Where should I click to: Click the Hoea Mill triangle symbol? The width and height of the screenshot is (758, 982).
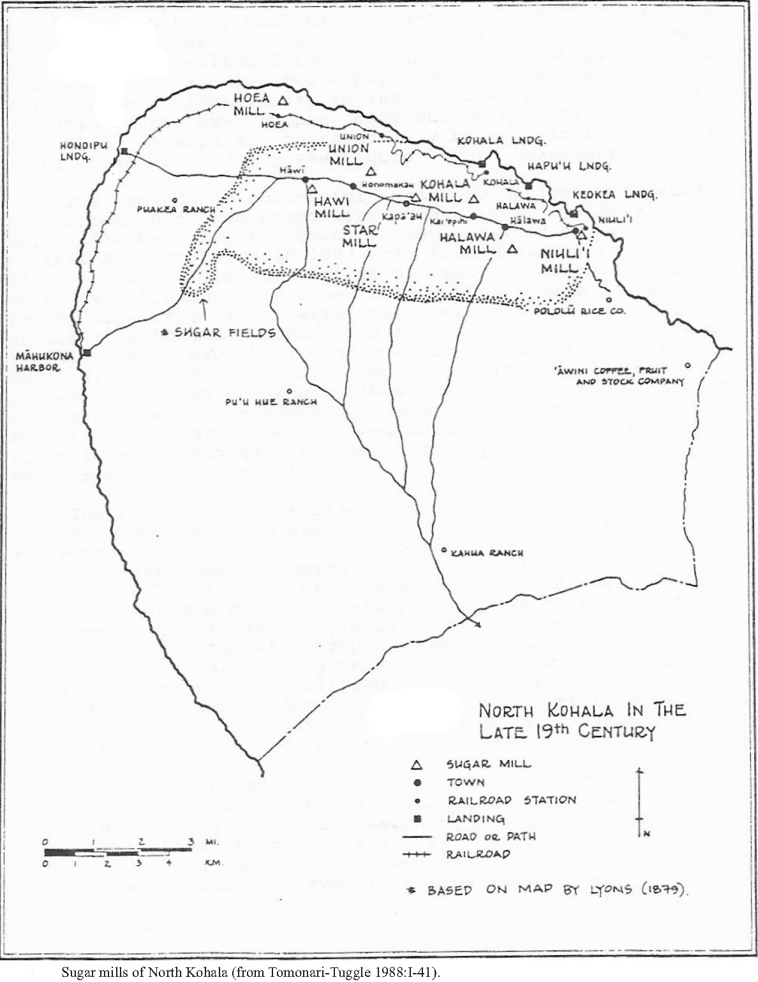point(284,100)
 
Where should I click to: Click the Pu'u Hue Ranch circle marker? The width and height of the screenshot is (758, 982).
point(289,391)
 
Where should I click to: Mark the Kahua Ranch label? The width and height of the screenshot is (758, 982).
point(487,553)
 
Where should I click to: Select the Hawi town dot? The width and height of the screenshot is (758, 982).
point(305,179)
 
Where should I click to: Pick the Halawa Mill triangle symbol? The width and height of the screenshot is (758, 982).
point(512,249)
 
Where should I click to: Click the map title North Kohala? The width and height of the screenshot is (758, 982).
point(581,719)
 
